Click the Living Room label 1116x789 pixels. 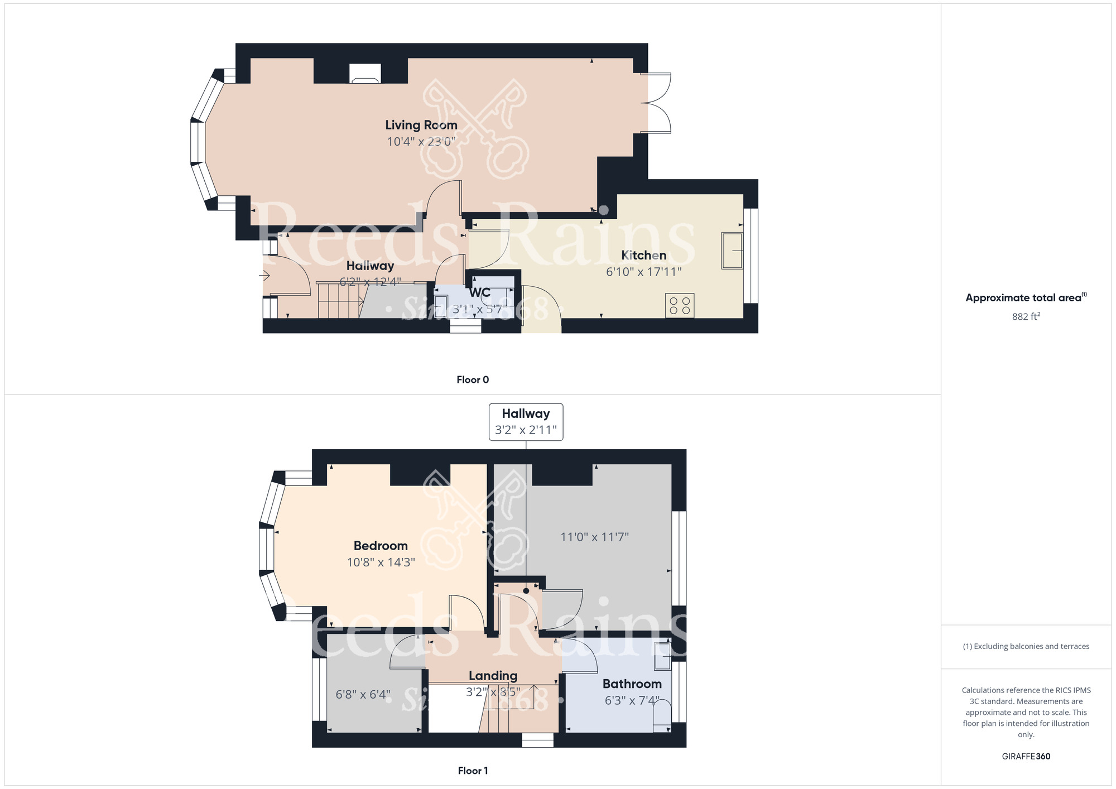click(x=421, y=125)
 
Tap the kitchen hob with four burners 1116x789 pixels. click(x=680, y=305)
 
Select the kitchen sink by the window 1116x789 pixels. click(x=732, y=251)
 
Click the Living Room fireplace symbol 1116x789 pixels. click(x=365, y=74)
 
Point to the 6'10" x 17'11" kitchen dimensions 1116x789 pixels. click(x=643, y=272)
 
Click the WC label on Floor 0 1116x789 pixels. click(x=479, y=292)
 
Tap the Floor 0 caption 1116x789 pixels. click(x=472, y=380)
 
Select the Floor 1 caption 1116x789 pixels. click(x=472, y=771)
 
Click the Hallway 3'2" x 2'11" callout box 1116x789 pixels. click(x=526, y=422)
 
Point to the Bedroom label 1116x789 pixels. click(x=381, y=546)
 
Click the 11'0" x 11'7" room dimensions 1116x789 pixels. click(x=594, y=537)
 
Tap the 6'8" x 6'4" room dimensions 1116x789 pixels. click(x=363, y=695)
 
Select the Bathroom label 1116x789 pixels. click(x=632, y=684)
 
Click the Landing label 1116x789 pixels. click(x=493, y=676)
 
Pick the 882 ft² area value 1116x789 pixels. click(x=1026, y=316)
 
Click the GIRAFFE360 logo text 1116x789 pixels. click(x=1026, y=757)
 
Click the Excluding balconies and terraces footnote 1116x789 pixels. click(x=1026, y=647)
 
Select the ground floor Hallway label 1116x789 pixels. click(x=370, y=266)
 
